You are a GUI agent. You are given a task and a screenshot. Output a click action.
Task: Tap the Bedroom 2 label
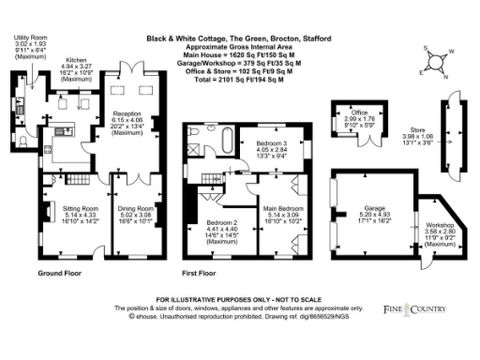(x=222, y=223)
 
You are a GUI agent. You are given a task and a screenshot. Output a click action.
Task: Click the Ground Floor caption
(x=57, y=273)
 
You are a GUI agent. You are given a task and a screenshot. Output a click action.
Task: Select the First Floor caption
(x=200, y=273)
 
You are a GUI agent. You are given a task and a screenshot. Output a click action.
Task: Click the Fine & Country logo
(x=427, y=306)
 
